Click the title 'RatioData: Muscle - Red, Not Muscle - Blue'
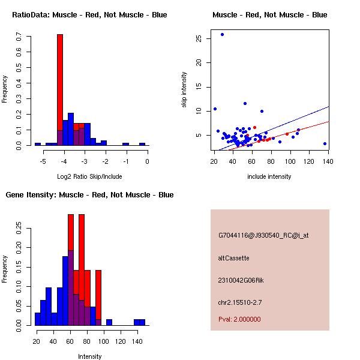[x=89, y=14]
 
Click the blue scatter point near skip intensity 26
[x=222, y=34]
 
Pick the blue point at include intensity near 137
[x=325, y=144]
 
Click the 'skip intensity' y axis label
[x=184, y=90]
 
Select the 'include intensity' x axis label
[x=269, y=177]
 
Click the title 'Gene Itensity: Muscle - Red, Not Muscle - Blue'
[x=89, y=195]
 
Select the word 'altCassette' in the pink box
[x=233, y=258]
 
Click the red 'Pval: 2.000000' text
[x=239, y=319]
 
